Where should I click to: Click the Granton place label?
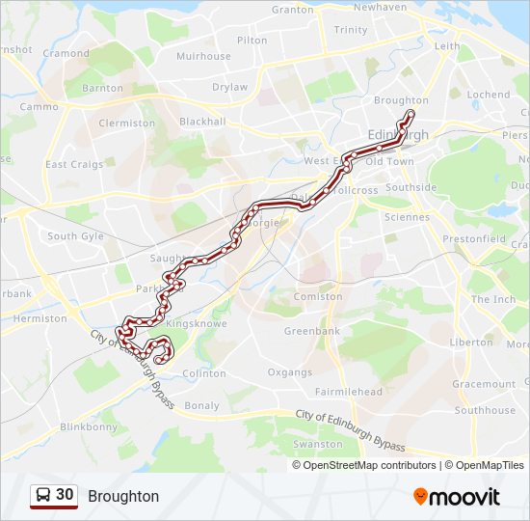[293, 10]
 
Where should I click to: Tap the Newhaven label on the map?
[379, 7]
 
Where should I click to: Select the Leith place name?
[447, 45]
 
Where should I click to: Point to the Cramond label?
[66, 54]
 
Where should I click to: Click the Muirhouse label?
[203, 56]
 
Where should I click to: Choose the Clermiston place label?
[126, 123]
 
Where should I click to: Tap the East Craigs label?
[74, 165]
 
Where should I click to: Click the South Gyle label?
[75, 236]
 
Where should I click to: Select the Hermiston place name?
[40, 318]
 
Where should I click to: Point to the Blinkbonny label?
[89, 426]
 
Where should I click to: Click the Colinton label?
[203, 373]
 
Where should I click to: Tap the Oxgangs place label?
[290, 372]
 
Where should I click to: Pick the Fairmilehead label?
[349, 392]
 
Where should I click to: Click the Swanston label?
[317, 445]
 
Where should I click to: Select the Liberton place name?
[472, 343]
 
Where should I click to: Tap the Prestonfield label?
[474, 238]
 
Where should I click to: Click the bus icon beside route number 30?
[43, 496]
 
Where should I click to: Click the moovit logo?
[457, 496]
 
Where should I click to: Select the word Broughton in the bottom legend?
[123, 496]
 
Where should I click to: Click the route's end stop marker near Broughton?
[411, 115]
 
